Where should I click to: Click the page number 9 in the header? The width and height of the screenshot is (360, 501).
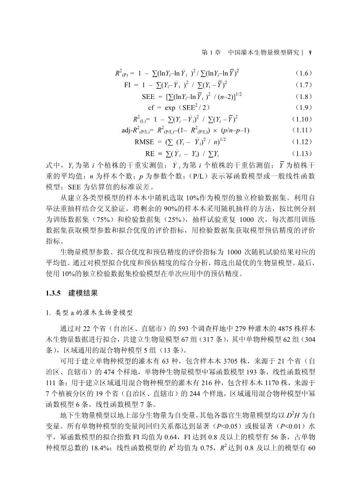(x=311, y=52)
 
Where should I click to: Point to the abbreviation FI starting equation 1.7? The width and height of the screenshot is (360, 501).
(x=128, y=85)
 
